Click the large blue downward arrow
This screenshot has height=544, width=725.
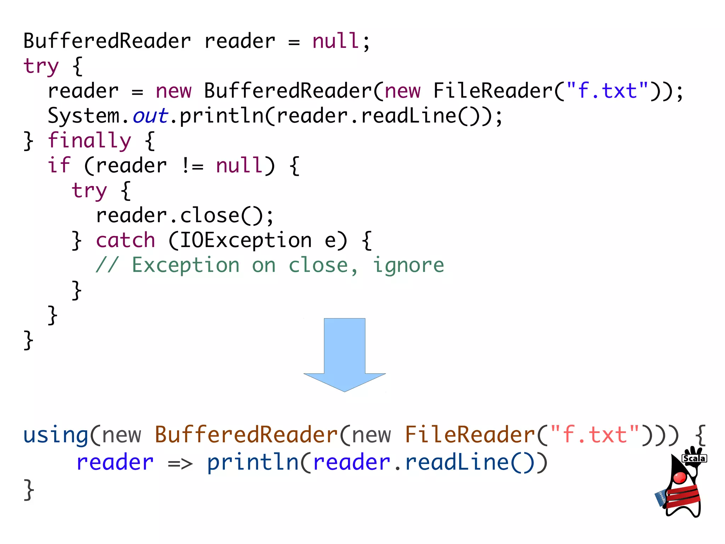pos(344,354)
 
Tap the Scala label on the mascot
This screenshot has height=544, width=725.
pos(694,458)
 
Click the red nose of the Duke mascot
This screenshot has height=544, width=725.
pos(680,477)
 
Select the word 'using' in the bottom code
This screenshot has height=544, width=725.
pos(56,435)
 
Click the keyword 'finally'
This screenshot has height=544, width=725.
pos(89,141)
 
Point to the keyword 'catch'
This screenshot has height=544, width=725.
pos(125,240)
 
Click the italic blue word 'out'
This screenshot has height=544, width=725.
pos(150,116)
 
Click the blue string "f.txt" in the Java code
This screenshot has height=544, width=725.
pos(607,91)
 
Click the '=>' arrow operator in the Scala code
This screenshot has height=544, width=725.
pos(180,463)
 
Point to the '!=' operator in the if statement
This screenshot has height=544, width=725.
pos(192,166)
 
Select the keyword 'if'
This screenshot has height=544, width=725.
pos(59,165)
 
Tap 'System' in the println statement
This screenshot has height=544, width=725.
pos(84,116)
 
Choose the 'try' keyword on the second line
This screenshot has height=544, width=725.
pos(41,66)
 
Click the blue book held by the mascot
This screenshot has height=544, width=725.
pos(661,498)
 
